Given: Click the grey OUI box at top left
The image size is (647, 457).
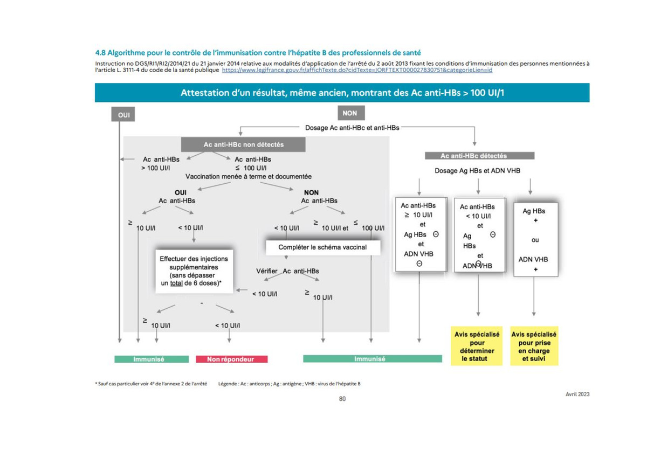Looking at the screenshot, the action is click(123, 114).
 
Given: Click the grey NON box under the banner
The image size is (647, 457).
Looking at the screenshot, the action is click(351, 113).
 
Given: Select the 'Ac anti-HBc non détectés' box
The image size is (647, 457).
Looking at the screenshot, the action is click(243, 144).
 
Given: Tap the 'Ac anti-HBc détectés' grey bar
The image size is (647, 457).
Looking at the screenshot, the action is click(479, 156).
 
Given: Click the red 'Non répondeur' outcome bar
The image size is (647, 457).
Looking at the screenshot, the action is click(232, 359).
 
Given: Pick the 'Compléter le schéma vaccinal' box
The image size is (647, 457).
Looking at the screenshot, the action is click(323, 247).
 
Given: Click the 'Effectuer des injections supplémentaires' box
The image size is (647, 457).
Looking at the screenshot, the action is click(194, 272).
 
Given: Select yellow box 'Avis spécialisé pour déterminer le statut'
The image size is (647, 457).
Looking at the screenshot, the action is click(477, 346).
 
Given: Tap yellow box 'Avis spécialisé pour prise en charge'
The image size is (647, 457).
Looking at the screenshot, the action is click(534, 346).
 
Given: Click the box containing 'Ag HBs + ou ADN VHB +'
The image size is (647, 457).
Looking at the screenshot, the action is click(536, 240).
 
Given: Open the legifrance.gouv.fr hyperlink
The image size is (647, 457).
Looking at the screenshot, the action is click(357, 70).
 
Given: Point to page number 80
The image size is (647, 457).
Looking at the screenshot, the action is click(342, 399).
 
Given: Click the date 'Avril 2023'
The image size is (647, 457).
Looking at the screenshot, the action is click(577, 394).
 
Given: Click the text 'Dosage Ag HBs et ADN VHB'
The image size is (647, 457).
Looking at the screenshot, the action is click(478, 171).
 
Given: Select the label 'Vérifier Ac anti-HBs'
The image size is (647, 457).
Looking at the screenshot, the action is click(287, 271).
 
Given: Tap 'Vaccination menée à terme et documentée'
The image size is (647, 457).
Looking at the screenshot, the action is click(249, 176).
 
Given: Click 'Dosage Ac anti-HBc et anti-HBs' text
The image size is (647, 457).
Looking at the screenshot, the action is click(352, 128).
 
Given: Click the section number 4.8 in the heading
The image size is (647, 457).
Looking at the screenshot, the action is click(100, 53).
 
